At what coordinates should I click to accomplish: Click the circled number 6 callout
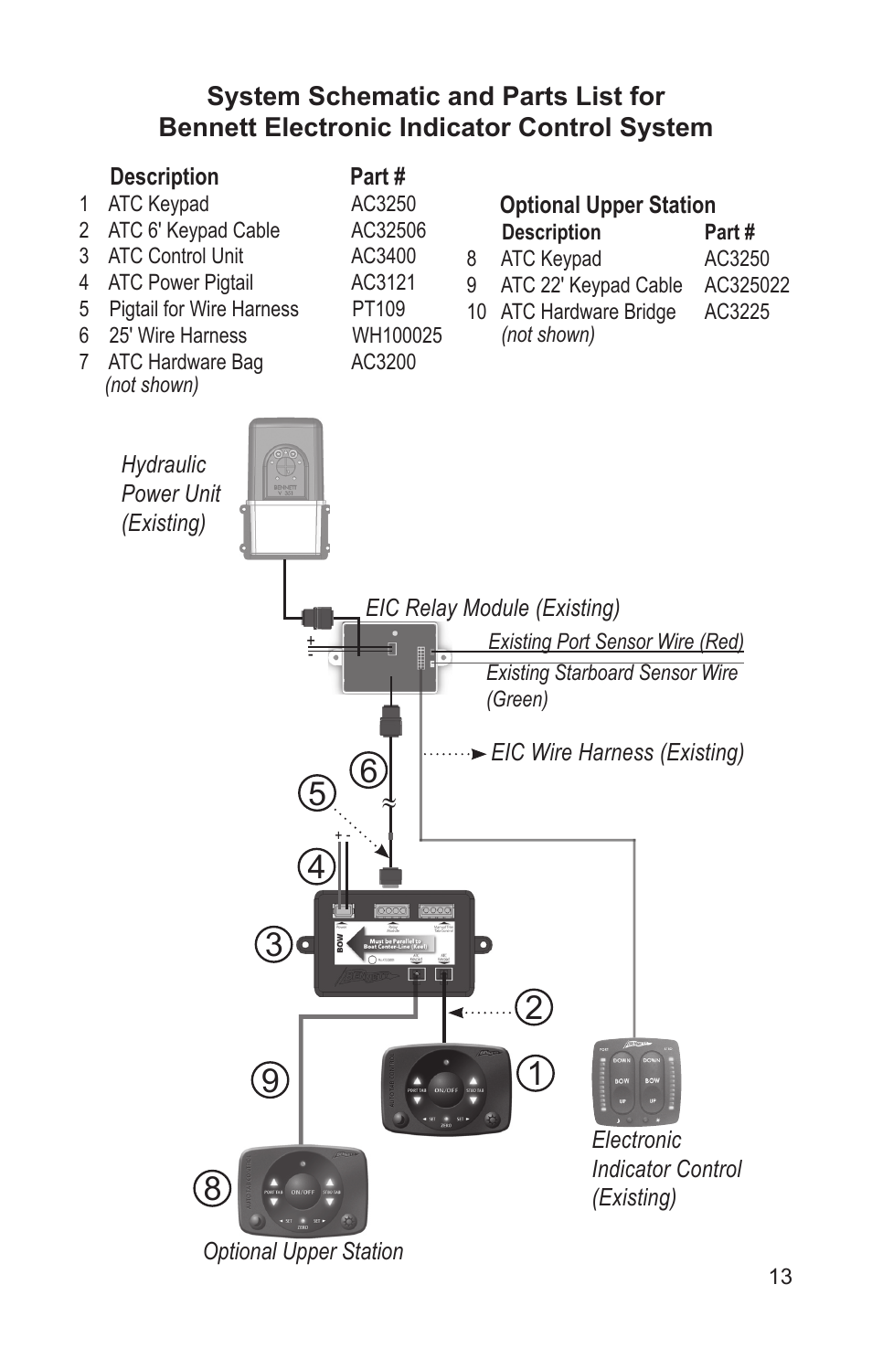(368, 770)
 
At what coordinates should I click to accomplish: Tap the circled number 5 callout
(316, 793)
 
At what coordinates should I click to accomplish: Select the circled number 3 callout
(273, 944)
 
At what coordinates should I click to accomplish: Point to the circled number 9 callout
(270, 1080)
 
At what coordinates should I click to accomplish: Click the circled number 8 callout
(212, 1188)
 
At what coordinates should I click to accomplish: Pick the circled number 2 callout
(534, 1007)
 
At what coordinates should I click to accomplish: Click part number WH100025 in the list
(397, 335)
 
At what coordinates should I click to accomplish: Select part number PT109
(378, 309)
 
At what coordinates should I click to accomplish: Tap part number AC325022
(746, 285)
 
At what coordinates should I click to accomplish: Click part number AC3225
(736, 312)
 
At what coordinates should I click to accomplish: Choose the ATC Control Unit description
(175, 256)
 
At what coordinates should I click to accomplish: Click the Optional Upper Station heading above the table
(607, 205)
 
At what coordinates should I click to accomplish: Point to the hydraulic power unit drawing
(285, 489)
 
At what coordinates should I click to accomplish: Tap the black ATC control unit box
(394, 943)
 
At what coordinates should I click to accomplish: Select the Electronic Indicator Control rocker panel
(636, 1082)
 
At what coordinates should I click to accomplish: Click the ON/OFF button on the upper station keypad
(303, 1192)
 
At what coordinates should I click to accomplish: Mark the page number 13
(781, 1277)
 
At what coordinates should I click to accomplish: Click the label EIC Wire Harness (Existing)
(617, 752)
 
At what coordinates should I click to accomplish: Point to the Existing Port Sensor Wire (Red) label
(615, 642)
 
